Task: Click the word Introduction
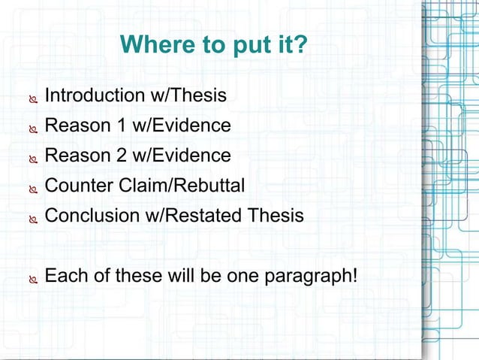pos(94,95)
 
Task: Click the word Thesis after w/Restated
pos(276,216)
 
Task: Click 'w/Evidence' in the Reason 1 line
pos(180,126)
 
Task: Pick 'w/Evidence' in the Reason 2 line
pos(180,156)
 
